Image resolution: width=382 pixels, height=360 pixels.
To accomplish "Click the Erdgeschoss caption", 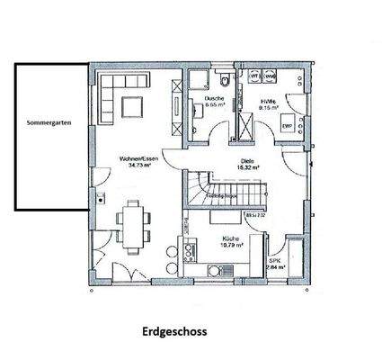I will [174, 331].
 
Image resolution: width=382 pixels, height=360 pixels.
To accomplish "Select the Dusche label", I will [214, 98].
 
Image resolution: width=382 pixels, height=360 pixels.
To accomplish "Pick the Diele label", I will [247, 159].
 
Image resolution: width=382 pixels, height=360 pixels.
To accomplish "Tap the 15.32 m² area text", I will [247, 166].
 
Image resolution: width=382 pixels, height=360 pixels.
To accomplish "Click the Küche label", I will [233, 238].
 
